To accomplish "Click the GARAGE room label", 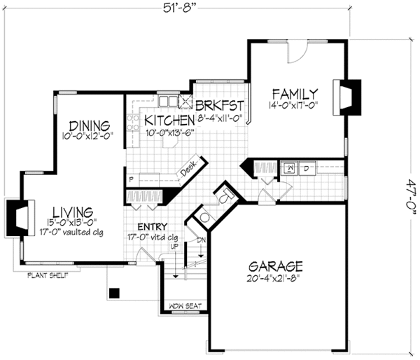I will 276,266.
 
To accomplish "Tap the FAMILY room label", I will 295,94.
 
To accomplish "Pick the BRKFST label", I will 220,105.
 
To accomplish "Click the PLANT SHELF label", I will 48,275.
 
